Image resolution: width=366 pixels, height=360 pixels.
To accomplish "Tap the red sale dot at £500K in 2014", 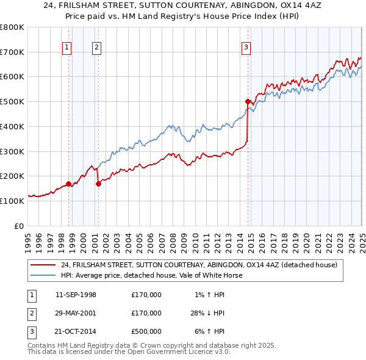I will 248,102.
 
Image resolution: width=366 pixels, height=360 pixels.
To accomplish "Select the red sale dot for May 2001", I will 98,183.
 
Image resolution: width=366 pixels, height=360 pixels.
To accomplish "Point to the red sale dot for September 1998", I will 68,183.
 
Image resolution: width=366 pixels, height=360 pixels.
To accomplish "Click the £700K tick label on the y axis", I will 12,52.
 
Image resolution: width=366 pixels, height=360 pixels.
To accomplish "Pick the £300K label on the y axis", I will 12,151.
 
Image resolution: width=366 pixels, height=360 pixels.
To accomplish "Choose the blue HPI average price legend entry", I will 151,275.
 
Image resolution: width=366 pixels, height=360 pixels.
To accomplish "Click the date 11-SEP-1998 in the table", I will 76,295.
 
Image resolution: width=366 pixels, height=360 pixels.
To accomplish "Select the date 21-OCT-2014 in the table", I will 76,331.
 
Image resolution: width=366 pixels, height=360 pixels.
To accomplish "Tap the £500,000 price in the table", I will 146,331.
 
